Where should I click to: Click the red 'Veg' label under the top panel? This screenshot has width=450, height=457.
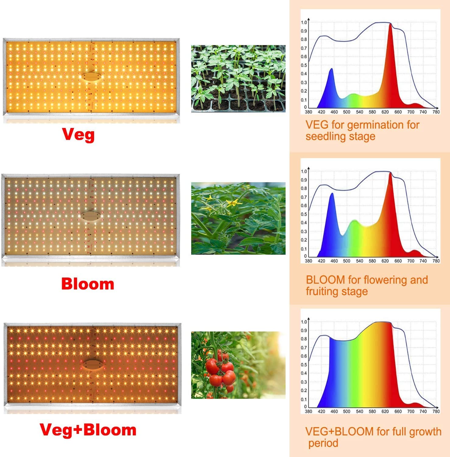click(78, 135)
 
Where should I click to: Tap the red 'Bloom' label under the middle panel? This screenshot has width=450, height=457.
click(88, 284)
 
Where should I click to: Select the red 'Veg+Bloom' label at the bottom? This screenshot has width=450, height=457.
click(88, 430)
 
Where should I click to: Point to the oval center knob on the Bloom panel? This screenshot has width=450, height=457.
click(91, 216)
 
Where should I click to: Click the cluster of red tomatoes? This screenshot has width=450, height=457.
click(221, 370)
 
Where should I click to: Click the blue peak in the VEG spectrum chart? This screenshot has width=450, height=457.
click(331, 71)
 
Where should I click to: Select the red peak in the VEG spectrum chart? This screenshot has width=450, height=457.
click(390, 26)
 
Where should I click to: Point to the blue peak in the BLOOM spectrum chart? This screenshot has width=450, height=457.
click(332, 195)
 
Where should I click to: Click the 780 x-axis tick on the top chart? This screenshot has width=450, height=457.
click(436, 112)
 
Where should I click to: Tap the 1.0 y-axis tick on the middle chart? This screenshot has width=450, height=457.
click(304, 171)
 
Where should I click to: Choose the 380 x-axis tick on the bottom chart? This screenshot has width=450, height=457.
click(308, 411)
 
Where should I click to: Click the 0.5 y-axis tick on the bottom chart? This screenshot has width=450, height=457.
click(304, 365)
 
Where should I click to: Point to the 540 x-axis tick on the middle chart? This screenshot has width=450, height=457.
click(360, 261)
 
